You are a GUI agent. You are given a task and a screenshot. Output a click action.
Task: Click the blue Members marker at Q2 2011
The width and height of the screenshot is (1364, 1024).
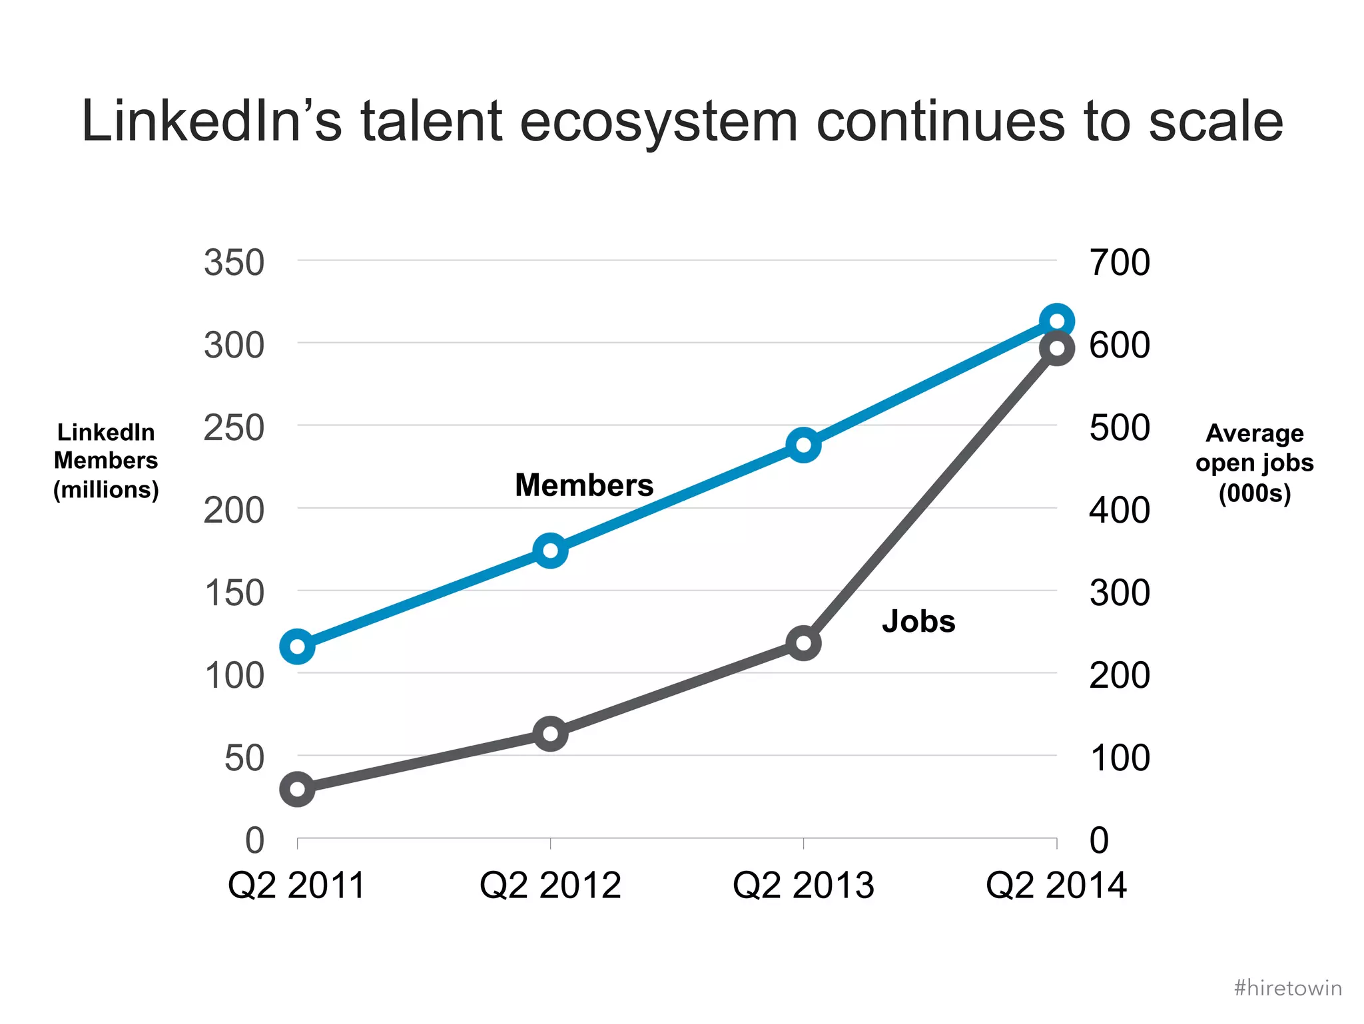[x=297, y=646]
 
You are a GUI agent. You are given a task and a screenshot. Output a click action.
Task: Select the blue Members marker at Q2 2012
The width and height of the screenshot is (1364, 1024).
[x=550, y=551]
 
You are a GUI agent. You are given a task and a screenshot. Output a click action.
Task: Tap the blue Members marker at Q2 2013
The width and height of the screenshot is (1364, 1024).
[x=803, y=445]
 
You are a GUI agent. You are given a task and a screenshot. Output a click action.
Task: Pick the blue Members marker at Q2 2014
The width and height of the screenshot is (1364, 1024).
[x=1056, y=322]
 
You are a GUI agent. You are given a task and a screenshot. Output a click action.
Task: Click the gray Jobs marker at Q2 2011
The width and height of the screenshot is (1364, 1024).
[x=297, y=790]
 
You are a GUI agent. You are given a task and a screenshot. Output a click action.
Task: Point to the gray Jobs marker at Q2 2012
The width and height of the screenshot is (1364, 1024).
[x=550, y=734]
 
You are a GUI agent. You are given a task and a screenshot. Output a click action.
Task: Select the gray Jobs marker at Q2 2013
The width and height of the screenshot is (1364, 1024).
[x=803, y=643]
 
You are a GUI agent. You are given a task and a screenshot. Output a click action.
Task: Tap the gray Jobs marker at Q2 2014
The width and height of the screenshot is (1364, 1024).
[x=1056, y=348]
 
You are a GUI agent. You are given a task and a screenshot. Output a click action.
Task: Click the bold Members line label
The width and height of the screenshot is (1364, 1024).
[x=584, y=485]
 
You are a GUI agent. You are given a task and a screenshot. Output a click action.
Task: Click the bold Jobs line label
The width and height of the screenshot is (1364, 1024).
[x=918, y=621]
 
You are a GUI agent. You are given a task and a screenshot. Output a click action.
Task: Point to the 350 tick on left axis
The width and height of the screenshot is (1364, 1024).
[x=234, y=262]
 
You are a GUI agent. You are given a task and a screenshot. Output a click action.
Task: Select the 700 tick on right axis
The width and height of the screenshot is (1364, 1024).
[x=1119, y=262]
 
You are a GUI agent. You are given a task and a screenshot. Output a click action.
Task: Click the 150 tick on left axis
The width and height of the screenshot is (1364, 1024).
[x=234, y=593]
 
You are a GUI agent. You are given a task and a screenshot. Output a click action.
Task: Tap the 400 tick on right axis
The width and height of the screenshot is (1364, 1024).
[x=1119, y=510]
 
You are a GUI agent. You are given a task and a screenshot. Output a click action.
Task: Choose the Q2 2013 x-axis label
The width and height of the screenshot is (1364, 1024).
[x=803, y=886]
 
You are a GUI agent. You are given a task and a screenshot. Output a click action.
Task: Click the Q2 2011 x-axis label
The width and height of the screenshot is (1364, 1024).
[x=297, y=886]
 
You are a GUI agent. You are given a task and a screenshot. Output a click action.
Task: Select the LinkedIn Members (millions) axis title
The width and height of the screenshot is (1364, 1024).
[x=106, y=461]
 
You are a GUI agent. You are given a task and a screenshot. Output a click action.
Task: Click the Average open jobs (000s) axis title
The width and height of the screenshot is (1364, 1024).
[x=1254, y=463]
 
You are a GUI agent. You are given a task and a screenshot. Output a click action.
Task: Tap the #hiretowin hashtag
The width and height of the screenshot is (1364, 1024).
[x=1287, y=987]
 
